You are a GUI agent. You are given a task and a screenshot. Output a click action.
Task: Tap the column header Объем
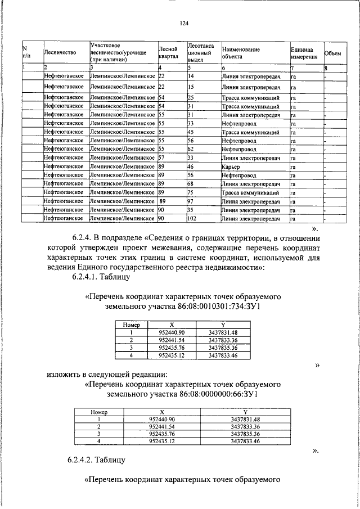pos(333,53)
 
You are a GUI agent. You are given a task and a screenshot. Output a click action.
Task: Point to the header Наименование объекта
pos(241,53)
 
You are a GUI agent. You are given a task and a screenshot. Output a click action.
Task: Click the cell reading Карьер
pos(231,167)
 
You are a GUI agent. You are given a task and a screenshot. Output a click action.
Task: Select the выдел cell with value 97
pos(191,201)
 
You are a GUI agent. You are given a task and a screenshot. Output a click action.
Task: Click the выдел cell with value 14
pos(191,76)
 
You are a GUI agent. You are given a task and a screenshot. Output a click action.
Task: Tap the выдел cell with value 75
pos(191,192)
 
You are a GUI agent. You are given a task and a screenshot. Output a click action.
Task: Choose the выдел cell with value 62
pos(191,150)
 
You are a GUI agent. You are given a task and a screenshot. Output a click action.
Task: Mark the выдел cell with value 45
pos(191,132)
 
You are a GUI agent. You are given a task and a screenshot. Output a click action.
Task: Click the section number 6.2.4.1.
pos(86,277)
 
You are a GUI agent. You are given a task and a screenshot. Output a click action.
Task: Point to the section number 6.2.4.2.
pos(86,460)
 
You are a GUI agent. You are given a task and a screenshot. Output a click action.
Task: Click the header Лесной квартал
pos(169,53)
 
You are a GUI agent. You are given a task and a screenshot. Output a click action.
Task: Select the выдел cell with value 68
pos(191,184)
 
